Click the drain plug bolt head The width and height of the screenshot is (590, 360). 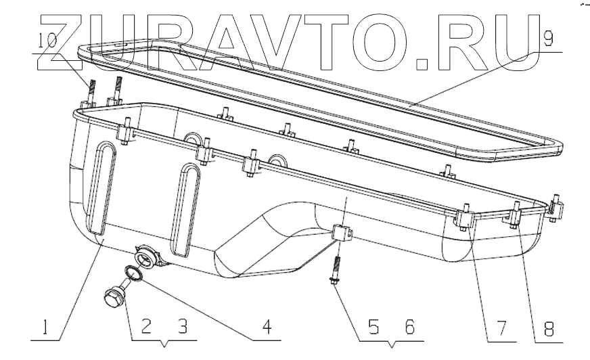point(114,296)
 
